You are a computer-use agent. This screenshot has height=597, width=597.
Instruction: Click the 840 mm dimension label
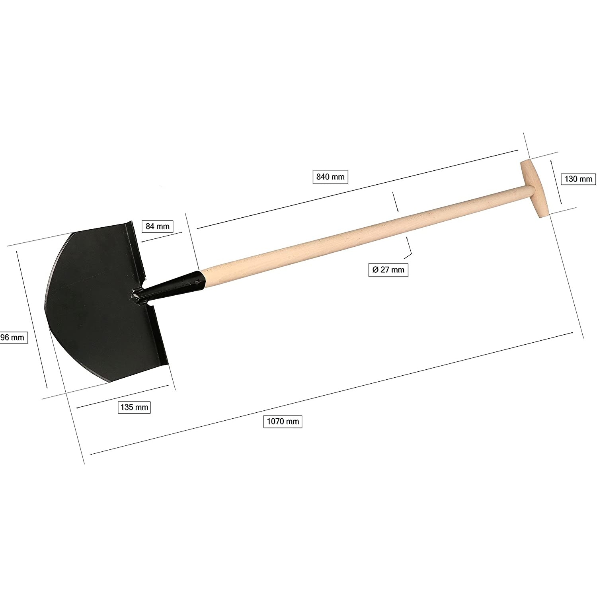(330, 177)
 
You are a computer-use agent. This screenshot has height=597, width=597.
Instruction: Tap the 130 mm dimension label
(578, 179)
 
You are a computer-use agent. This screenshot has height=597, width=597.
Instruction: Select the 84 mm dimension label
(158, 226)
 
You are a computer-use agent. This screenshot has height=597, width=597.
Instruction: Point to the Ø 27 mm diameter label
(388, 269)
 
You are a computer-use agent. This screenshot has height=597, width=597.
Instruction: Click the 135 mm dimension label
(134, 407)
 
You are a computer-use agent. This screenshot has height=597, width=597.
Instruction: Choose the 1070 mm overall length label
(283, 421)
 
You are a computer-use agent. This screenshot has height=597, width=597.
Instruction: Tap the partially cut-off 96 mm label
(13, 338)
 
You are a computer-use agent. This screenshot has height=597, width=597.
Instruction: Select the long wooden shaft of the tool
(358, 231)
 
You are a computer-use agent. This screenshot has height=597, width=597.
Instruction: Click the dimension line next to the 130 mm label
(556, 182)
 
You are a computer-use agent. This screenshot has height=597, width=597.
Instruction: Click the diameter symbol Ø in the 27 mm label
(375, 269)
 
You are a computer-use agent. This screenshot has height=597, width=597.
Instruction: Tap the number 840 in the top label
(323, 177)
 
